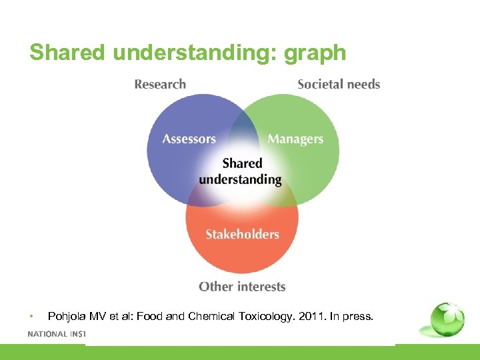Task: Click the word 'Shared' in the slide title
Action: tap(67, 53)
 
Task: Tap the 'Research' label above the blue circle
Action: tap(160, 84)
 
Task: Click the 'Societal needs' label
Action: tap(339, 84)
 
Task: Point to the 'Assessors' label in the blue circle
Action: tap(189, 139)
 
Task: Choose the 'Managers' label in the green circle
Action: tap(295, 139)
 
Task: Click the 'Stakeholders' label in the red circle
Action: tap(242, 234)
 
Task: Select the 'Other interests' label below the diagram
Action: tap(242, 287)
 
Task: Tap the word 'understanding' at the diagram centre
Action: tap(240, 179)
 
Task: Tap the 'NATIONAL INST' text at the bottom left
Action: tap(57, 334)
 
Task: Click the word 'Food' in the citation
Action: tap(149, 316)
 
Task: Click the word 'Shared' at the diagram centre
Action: tap(242, 163)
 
